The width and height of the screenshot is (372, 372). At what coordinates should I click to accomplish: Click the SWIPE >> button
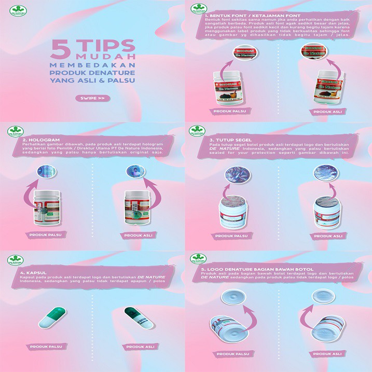pyautogui.click(x=93, y=98)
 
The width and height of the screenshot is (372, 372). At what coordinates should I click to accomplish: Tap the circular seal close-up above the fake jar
pyautogui.click(x=234, y=177)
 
